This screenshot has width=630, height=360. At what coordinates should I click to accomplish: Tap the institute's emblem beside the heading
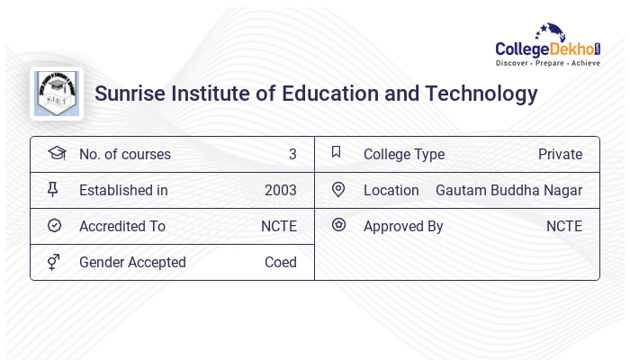[56, 94]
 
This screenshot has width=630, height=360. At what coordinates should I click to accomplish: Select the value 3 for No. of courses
[292, 154]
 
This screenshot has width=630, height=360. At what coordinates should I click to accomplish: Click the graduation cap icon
[56, 154]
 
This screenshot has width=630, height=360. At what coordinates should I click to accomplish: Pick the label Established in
[123, 190]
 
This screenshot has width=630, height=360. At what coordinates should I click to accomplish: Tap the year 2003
[280, 190]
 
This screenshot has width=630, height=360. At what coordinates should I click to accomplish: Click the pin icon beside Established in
[53, 190]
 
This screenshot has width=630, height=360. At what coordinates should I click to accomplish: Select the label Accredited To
[122, 226]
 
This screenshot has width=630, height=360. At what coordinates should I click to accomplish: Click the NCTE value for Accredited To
[278, 226]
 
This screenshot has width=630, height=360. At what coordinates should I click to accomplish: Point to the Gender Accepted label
[132, 262]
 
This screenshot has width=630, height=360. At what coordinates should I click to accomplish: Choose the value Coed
[280, 262]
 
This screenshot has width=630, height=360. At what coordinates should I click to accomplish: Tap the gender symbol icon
[53, 262]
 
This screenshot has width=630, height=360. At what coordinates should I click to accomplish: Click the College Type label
[404, 154]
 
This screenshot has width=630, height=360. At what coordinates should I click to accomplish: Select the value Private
[560, 154]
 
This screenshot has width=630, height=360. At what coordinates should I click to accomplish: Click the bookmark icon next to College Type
[337, 153]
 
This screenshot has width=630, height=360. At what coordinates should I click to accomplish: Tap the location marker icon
[338, 189]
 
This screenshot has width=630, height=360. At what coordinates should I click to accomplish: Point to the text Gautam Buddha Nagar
[508, 190]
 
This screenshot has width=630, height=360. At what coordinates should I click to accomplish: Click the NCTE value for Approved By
[563, 226]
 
